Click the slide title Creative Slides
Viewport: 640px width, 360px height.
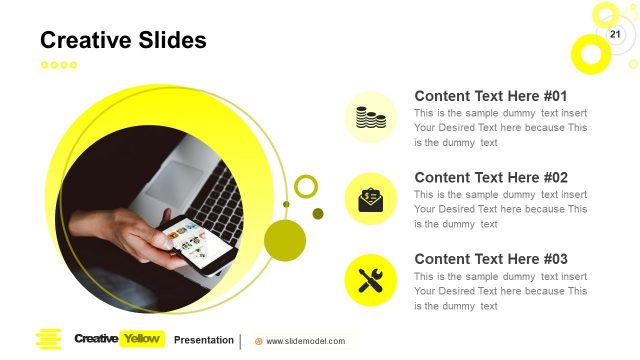click(123, 40)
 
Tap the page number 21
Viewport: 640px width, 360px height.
click(615, 35)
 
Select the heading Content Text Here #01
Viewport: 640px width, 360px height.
click(491, 96)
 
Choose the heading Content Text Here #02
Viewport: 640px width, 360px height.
click(491, 177)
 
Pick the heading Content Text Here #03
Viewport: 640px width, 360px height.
click(491, 258)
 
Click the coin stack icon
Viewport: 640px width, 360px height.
click(371, 117)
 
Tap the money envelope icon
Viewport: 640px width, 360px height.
click(371, 198)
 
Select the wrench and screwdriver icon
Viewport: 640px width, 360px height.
click(371, 280)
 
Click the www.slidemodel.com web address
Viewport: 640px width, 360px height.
click(305, 341)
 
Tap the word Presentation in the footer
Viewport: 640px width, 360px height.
click(204, 340)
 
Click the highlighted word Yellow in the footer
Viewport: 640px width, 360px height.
click(141, 339)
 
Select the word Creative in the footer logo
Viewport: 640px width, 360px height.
click(96, 339)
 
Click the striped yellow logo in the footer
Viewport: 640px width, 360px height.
click(49, 340)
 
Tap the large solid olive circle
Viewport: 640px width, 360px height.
click(285, 241)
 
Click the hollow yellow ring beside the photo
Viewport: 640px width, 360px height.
click(306, 186)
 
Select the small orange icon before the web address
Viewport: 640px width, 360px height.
click(259, 341)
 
